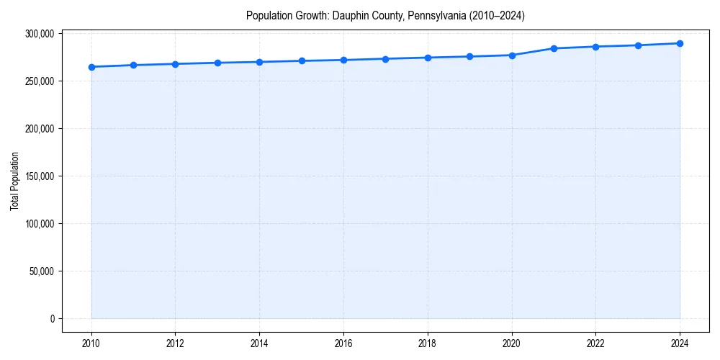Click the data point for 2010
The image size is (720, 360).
[91, 67]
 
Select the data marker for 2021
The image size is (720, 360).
[554, 48]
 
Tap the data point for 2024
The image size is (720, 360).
[680, 43]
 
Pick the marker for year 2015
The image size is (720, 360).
[302, 60]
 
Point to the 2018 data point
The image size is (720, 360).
[428, 58]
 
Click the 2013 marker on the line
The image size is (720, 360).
[217, 63]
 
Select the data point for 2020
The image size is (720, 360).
[512, 55]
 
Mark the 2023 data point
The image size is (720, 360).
[638, 45]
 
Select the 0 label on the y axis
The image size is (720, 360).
[51, 319]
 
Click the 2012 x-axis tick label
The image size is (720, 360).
[176, 343]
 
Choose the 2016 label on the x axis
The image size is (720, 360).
[343, 343]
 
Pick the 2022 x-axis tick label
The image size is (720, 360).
[595, 343]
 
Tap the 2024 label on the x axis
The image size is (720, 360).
[680, 343]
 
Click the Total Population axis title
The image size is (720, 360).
[14, 181]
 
